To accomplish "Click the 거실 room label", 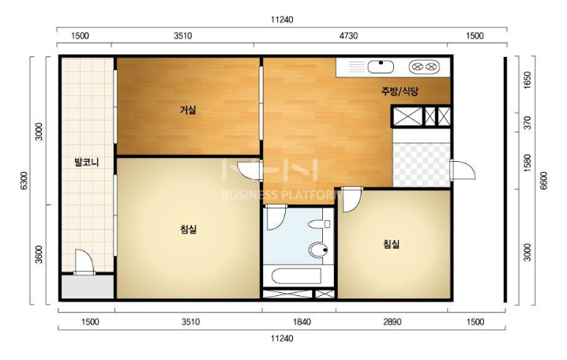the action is (188, 110).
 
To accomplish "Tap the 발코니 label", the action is (86, 162).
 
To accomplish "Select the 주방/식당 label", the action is (400, 91).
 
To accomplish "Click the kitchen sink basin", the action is (381, 67).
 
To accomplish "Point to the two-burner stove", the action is (424, 66).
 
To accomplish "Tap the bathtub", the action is (296, 276).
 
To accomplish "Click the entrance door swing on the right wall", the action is (463, 170).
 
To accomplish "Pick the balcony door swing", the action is (84, 261).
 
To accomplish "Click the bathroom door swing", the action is (276, 218).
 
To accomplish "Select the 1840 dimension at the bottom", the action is (302, 321).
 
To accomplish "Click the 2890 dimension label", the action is (392, 321).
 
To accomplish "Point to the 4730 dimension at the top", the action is (348, 36).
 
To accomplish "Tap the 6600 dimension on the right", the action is (543, 180).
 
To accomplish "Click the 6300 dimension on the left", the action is (24, 180).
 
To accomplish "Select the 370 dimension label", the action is (528, 123).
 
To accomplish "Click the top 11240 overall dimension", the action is (282, 20).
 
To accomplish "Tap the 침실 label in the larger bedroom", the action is (188, 229).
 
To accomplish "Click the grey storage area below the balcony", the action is (87, 287).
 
